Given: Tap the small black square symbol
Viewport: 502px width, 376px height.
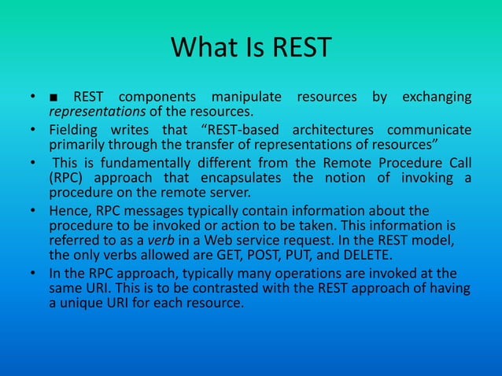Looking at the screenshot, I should point(53,98).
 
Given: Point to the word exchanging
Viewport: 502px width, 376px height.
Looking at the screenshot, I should point(437,98).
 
